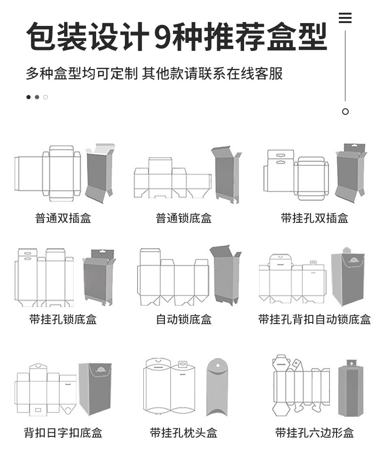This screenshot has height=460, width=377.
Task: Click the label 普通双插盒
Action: coord(63,218)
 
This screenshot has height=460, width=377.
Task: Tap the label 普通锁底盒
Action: coord(184,218)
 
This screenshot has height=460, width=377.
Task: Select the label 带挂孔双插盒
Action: coord(314,218)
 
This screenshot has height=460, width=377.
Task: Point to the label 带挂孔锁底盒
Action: coord(63,320)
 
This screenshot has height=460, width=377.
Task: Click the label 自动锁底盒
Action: coord(184,320)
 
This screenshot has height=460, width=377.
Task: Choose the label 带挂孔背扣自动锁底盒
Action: coord(314,320)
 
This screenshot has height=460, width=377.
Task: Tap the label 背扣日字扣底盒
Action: coord(63,433)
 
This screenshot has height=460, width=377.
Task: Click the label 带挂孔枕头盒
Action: coord(184,433)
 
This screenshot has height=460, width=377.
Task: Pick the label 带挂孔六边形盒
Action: coord(314,433)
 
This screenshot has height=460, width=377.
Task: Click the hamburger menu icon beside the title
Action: coord(345,18)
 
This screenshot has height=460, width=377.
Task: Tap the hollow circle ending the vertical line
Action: coord(345,112)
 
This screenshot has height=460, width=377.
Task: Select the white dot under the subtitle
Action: coord(46,97)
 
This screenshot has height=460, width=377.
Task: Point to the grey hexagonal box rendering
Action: coord(351,389)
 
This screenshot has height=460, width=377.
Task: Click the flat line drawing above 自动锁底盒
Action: coord(173,278)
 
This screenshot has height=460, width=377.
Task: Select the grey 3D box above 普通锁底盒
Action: coord(225,174)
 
